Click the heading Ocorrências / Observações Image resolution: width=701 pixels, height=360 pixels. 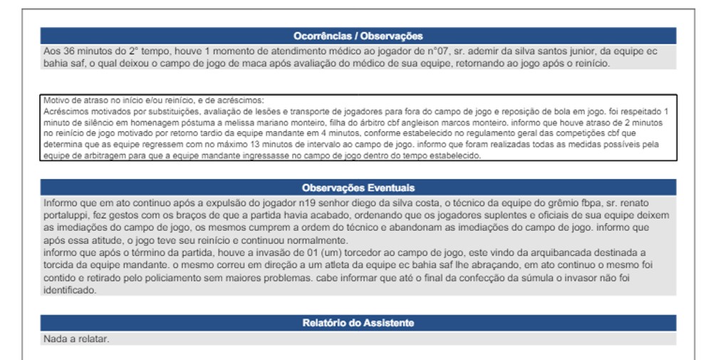(358, 36)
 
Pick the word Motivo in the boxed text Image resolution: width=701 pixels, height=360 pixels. (56, 101)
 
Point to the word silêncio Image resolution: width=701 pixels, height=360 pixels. (90, 122)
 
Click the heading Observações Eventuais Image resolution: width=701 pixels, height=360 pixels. (358, 187)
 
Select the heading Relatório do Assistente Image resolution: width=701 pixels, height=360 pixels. (358, 323)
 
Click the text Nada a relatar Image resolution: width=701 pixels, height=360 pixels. (76, 339)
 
